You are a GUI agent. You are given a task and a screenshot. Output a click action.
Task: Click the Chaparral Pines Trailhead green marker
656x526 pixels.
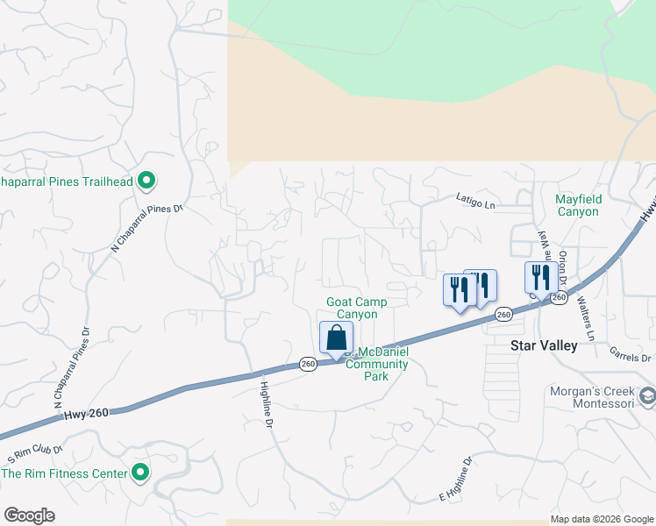147,182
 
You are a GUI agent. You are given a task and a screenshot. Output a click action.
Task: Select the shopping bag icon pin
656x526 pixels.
336,338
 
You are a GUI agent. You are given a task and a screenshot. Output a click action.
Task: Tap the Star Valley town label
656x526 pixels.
544,345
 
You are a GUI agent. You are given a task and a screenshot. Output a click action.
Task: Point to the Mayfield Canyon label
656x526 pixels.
577,205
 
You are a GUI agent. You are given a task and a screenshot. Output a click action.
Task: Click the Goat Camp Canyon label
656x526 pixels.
357,308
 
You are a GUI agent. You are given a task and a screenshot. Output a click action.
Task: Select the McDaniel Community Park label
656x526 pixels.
377,359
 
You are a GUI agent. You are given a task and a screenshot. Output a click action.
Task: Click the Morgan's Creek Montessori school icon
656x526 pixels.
647,396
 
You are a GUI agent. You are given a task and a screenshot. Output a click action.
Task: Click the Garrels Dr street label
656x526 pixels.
631,353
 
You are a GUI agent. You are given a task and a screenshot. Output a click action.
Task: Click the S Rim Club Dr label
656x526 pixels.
35,454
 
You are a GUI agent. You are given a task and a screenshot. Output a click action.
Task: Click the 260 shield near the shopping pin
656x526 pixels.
308,364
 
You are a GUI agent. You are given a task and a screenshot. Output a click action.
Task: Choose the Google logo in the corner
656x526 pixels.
29,515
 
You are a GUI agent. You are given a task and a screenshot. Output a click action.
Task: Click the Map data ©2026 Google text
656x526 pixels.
602,519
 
